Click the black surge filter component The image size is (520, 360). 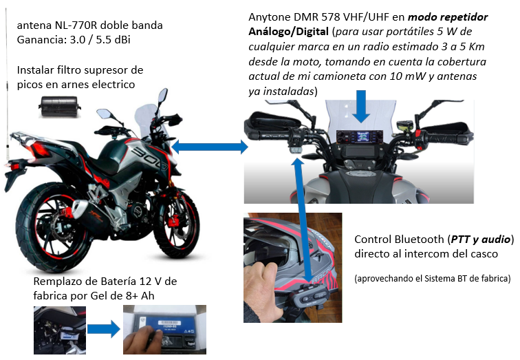(60, 107)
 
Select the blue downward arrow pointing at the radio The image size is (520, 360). (361, 107)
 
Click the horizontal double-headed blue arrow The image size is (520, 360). (210, 147)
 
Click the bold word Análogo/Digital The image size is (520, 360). (288, 32)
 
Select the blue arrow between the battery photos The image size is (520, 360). (104, 329)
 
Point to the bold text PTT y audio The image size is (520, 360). (481, 240)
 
